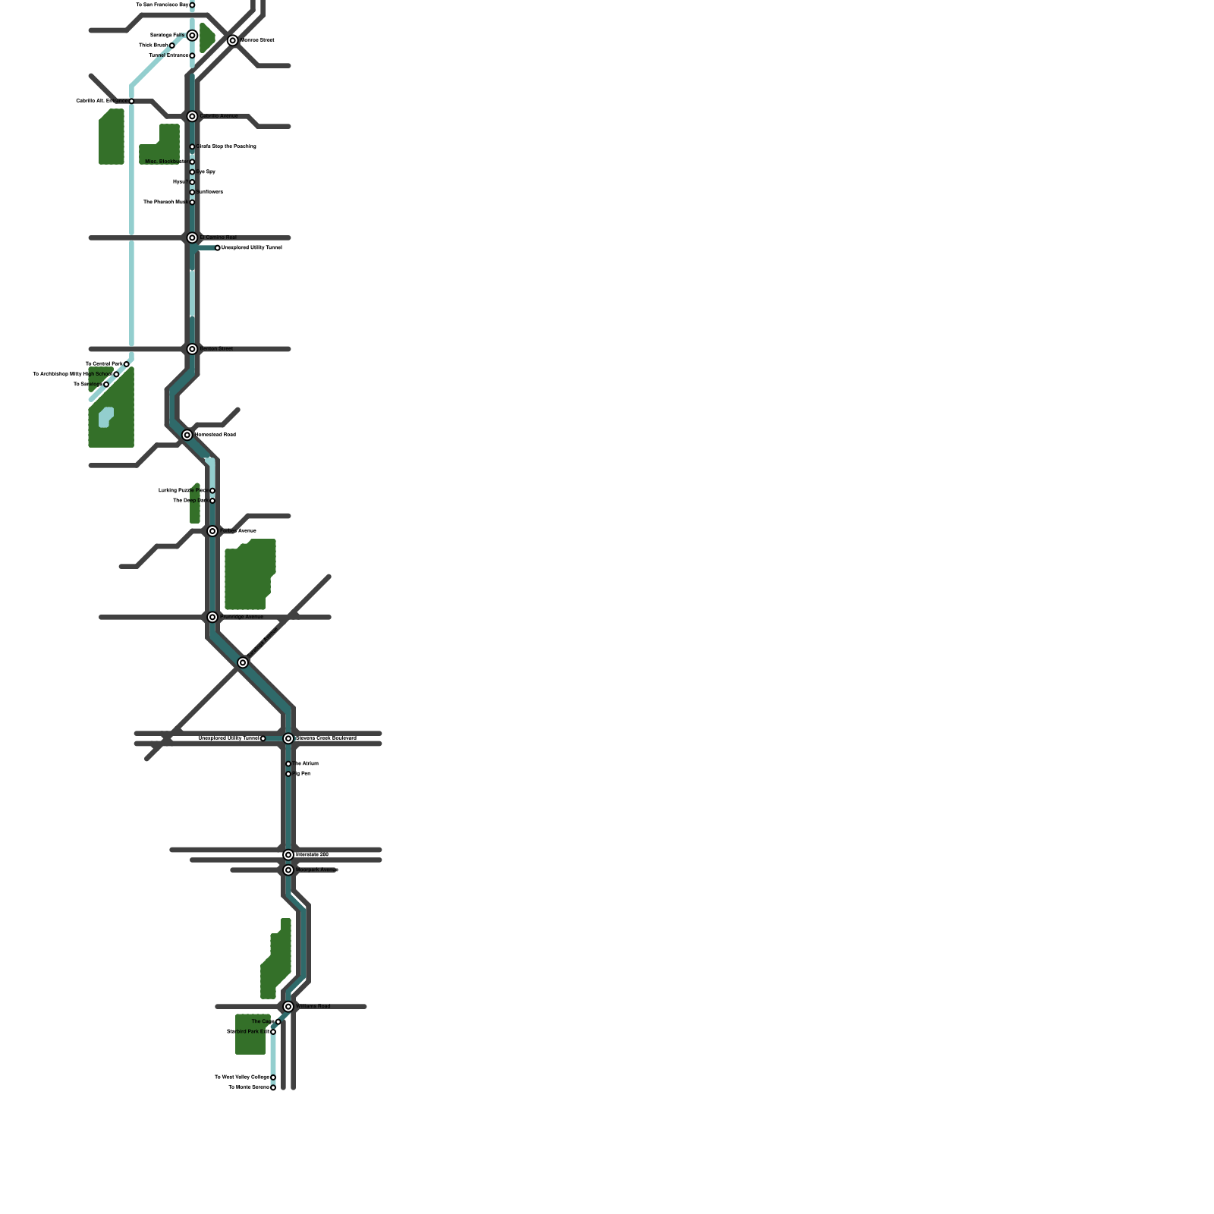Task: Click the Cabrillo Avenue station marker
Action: pos(192,116)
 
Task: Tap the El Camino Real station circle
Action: pos(192,237)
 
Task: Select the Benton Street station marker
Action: pos(192,349)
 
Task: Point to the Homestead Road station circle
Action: pos(187,435)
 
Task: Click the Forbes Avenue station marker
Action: pos(212,531)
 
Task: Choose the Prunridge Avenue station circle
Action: pos(212,617)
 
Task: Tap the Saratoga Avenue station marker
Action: pos(243,662)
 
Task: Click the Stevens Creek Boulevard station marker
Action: pos(288,738)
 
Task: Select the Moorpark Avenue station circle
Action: pos(288,870)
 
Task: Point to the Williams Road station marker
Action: pos(288,1007)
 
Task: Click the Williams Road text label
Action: pos(313,1007)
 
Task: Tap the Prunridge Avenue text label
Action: pos(242,617)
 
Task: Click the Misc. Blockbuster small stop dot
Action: pos(192,162)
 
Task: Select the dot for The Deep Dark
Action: pos(212,501)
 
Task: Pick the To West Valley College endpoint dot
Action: pos(273,1077)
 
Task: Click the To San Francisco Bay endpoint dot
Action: pos(192,5)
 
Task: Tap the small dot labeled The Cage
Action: pos(278,1022)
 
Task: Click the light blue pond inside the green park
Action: pos(105,417)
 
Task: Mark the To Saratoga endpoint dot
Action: pos(106,385)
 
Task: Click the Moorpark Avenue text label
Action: pos(317,870)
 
